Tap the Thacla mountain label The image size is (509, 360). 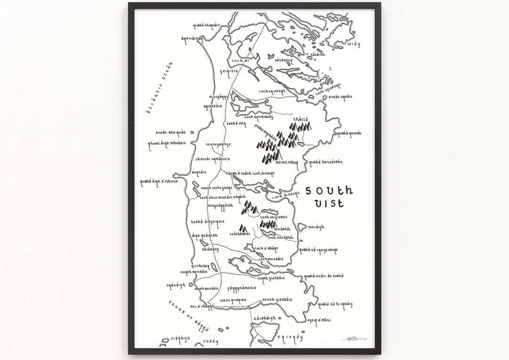click(301, 120)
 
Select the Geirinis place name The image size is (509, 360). click(229, 71)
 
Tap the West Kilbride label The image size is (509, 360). click(233, 300)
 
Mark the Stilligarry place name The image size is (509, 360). click(219, 97)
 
